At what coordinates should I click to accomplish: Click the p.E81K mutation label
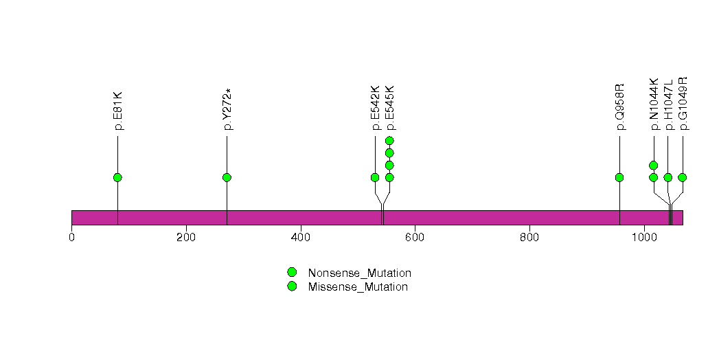(x=118, y=111)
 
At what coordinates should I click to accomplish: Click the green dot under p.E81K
(x=117, y=177)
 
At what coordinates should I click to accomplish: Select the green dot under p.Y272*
(x=227, y=177)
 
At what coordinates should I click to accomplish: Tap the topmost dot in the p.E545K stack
(x=389, y=141)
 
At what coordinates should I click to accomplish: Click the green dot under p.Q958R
(x=619, y=177)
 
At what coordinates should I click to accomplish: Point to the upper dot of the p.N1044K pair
(x=654, y=166)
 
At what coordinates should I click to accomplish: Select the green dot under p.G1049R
(x=682, y=177)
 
